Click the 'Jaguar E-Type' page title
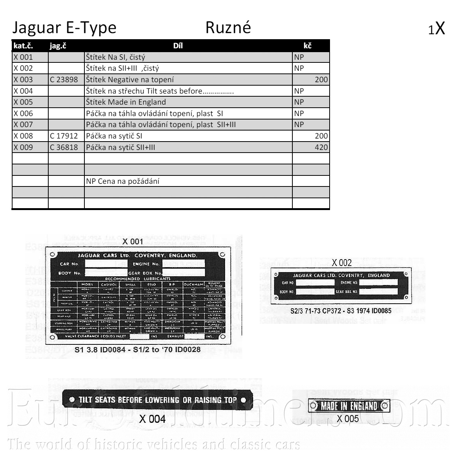[64, 28]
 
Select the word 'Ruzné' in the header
[228, 28]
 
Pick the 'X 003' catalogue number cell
[23, 80]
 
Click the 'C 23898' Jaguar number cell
[64, 80]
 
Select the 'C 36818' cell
[64, 147]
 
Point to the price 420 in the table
[321, 147]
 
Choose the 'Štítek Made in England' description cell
[126, 102]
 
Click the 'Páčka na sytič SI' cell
[114, 136]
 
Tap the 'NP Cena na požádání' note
[122, 181]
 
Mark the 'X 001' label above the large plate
[133, 241]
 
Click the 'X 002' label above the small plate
[342, 263]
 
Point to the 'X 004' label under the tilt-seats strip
[152, 419]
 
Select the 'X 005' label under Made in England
[348, 419]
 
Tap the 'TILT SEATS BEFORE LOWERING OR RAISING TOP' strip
[157, 400]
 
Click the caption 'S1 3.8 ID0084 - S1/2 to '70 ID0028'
[138, 349]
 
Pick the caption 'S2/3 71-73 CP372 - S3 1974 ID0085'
[341, 311]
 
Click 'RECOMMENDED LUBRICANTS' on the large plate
[138, 278]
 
